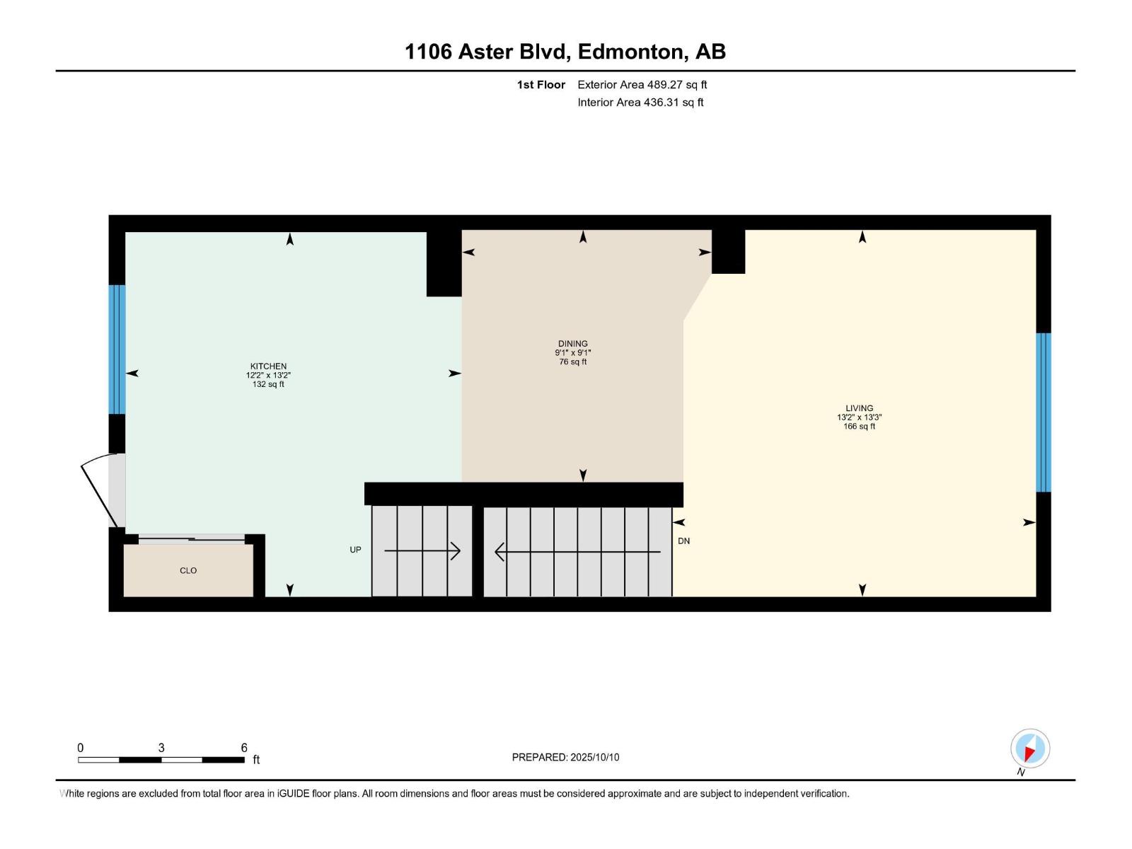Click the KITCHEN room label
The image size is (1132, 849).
click(268, 366)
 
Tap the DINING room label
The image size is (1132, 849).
click(572, 344)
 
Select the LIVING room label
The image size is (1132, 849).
click(859, 408)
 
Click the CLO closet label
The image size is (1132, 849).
click(188, 570)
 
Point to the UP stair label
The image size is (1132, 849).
click(355, 550)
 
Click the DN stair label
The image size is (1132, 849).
click(683, 541)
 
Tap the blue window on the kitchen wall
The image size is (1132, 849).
click(117, 349)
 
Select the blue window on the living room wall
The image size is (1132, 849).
click(1043, 412)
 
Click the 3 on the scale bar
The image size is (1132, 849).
click(161, 748)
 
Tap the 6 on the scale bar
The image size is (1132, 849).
click(244, 748)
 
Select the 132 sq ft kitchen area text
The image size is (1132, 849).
click(268, 384)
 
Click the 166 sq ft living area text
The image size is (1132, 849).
click(859, 427)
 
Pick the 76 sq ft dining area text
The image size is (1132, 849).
click(572, 362)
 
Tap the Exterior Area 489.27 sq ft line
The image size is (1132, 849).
click(642, 85)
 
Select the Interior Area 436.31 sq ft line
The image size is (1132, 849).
click(640, 103)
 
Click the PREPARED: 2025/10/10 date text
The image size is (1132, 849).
click(565, 757)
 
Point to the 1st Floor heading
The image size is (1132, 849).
click(541, 85)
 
